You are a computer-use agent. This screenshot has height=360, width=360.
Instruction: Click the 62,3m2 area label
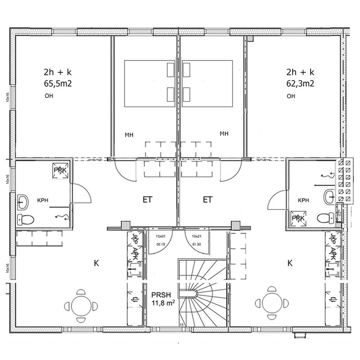pyautogui.click(x=300, y=83)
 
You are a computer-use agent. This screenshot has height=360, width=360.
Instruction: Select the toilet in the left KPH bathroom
pyautogui.click(x=26, y=219)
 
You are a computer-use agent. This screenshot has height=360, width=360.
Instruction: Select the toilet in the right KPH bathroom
pyautogui.click(x=325, y=218)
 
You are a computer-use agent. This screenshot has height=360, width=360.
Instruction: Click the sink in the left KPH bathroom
pyautogui.click(x=23, y=202)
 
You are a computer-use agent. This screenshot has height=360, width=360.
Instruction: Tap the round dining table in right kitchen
pyautogui.click(x=272, y=302)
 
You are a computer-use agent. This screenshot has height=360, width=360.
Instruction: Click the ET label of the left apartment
pyautogui.click(x=147, y=200)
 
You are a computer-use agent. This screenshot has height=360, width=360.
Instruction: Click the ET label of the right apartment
pyautogui.click(x=208, y=200)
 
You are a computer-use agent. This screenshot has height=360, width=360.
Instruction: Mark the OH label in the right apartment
pyautogui.click(x=291, y=97)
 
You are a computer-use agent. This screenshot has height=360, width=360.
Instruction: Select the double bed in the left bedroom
pyautogui.click(x=150, y=83)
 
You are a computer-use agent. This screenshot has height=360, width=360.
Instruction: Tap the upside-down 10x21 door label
pyautogui.click(x=160, y=236)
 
